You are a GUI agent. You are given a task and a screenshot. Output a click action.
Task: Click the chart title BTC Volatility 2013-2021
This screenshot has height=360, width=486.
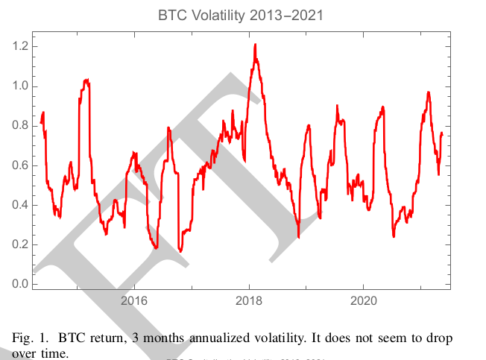click(242, 13)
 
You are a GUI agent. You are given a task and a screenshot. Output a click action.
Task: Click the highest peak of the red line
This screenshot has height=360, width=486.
click(255, 45)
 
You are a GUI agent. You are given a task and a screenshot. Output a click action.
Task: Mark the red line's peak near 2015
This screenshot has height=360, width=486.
click(86, 79)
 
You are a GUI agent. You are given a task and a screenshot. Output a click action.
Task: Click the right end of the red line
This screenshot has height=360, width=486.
click(442, 134)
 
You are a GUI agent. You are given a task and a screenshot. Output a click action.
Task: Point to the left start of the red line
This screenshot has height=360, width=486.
click(41, 123)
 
